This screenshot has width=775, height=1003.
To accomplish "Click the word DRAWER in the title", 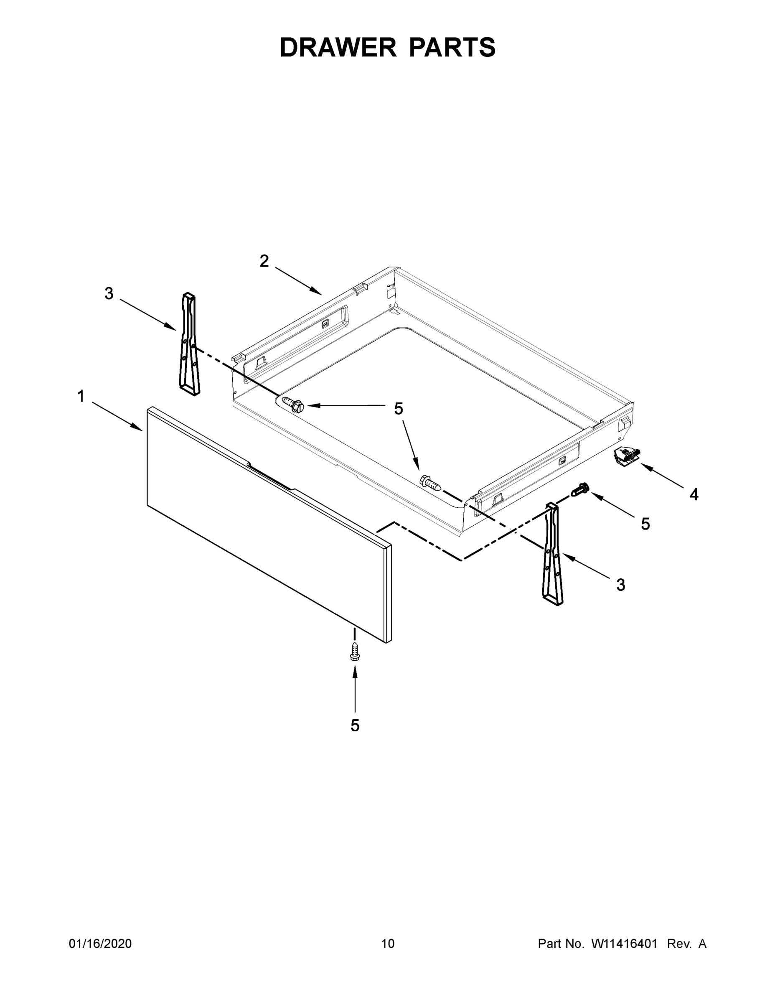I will pos(338,47).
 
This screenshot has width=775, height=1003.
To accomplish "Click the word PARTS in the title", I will pos(452,47).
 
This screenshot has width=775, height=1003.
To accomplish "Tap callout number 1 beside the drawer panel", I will pos(81,396).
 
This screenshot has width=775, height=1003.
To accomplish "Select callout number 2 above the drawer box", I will pos(264,261).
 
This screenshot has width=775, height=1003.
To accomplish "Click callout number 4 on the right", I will pos(694,495).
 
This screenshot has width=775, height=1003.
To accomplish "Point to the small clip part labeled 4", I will pos(626,456).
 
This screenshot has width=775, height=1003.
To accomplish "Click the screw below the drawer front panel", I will pos(354,653).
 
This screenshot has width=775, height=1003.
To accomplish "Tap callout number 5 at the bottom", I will pos(355,726).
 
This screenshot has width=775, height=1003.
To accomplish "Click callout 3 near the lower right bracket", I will pos(620,585).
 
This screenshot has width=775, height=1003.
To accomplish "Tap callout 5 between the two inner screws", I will pos(399,408).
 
